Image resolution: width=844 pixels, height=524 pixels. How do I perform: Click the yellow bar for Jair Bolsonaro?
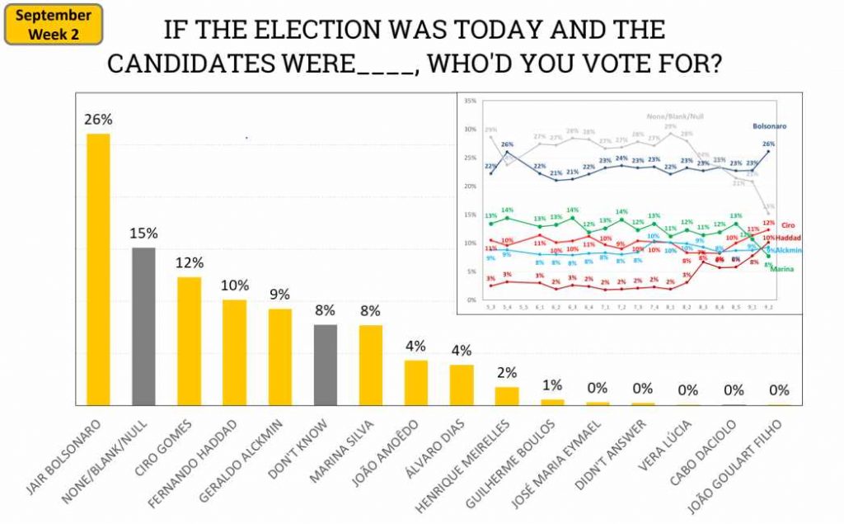[x=99, y=269]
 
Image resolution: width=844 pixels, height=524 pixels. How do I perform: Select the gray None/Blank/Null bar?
[x=143, y=326]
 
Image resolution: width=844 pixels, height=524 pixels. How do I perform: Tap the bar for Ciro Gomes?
[x=189, y=340]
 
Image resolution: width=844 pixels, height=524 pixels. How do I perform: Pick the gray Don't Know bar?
[x=326, y=364]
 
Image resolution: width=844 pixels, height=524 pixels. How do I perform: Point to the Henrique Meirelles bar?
[x=507, y=395]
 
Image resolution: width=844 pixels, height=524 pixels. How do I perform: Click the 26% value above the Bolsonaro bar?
[x=98, y=120]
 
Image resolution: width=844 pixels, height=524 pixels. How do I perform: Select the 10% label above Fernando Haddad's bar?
[x=235, y=286]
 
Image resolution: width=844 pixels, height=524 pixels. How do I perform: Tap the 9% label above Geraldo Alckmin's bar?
[x=280, y=295]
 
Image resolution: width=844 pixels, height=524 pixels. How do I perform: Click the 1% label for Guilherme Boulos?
[x=552, y=385]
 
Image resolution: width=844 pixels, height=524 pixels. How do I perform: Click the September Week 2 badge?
[x=54, y=24]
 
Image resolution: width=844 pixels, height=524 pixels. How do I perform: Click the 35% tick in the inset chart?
[x=471, y=101]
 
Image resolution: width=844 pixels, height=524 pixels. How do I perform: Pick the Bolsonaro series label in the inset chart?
[x=769, y=126]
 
